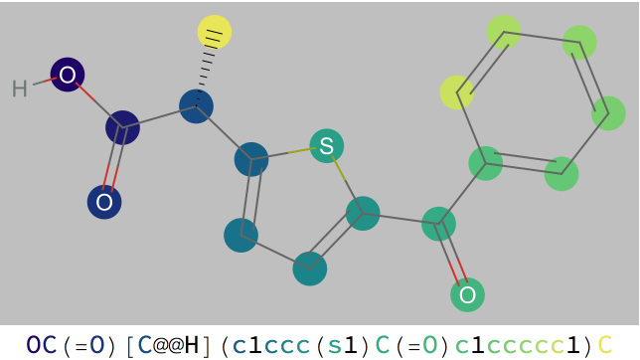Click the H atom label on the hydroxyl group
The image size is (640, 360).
pyautogui.click(x=19, y=90)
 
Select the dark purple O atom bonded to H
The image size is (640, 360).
pyautogui.click(x=67, y=75)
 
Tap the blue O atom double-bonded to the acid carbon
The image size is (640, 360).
pyautogui.click(x=103, y=203)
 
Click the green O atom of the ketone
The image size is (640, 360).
pyautogui.click(x=467, y=294)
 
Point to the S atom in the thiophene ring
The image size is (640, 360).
pyautogui.click(x=326, y=147)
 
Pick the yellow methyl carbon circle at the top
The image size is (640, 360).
pyautogui.click(x=215, y=32)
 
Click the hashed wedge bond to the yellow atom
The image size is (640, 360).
pyautogui.click(x=206, y=68)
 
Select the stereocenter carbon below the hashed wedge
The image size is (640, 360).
pyautogui.click(x=196, y=105)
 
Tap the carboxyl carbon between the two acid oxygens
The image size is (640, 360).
pyautogui.click(x=122, y=127)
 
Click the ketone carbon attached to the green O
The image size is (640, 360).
pyautogui.click(x=438, y=223)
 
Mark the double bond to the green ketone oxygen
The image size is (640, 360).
pyautogui.click(x=453, y=259)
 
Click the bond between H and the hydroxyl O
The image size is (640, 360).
pyautogui.click(x=42, y=83)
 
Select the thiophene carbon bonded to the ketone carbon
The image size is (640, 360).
pyautogui.click(x=363, y=213)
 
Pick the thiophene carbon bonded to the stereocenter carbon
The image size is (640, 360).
pyautogui.click(x=251, y=159)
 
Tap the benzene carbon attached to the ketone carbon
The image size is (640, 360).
pyautogui.click(x=485, y=162)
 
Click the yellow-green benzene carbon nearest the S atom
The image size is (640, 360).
pyautogui.click(x=457, y=92)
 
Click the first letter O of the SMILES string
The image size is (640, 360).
pyautogui.click(x=34, y=345)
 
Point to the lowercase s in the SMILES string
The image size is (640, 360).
pyautogui.click(x=335, y=345)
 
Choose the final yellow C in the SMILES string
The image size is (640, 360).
pyautogui.click(x=604, y=345)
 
